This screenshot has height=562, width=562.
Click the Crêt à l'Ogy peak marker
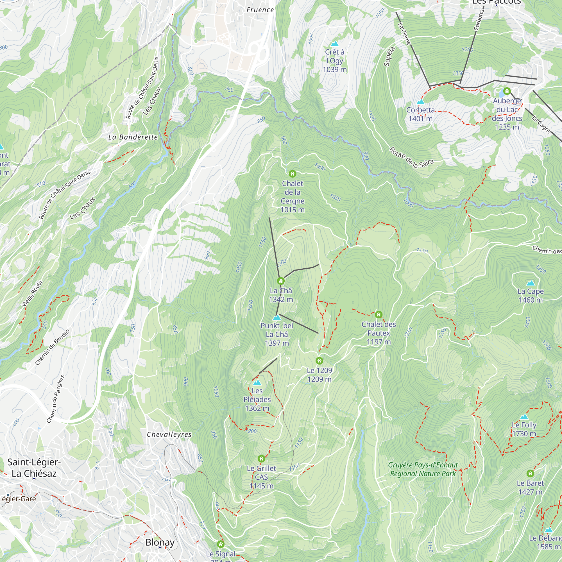[335, 44]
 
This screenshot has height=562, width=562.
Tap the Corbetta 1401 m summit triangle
[420, 102]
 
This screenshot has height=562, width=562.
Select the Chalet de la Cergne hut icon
[292, 174]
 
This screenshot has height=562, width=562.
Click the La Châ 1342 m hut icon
[281, 281]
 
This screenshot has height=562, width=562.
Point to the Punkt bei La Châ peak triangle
[277, 318]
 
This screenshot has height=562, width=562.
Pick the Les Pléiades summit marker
[257, 383]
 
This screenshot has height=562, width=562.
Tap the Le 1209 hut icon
[319, 361]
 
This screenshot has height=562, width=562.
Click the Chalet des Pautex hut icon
[379, 315]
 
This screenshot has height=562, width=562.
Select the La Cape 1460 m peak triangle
[531, 283]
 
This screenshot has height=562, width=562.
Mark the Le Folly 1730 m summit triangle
[524, 417]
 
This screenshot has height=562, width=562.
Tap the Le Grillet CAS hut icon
[261, 459]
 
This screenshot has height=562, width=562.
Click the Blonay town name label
[160, 542]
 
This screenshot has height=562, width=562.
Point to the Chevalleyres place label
[169, 435]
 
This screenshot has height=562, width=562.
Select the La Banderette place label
[133, 137]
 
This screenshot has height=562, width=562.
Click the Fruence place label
[260, 10]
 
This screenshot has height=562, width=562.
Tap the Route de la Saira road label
[412, 158]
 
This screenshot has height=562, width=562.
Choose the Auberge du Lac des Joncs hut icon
[507, 91]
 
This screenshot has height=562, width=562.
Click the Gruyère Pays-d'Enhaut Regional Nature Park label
[423, 470]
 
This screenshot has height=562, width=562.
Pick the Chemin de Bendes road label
[52, 347]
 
